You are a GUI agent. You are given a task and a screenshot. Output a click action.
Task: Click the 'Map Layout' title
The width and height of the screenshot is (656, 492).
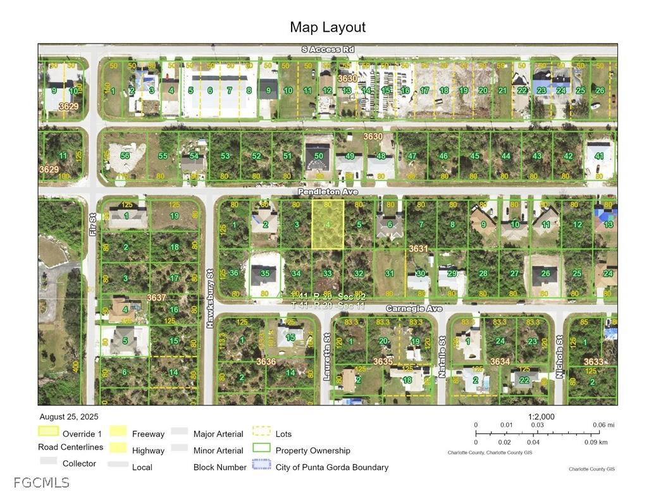(328, 27)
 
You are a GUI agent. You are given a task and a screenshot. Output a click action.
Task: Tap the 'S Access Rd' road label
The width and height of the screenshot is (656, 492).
(328, 49)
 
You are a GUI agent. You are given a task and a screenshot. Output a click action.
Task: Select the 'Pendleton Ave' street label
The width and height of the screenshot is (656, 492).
(328, 191)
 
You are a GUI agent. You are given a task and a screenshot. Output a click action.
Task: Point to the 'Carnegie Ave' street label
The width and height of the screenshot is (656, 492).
(414, 309)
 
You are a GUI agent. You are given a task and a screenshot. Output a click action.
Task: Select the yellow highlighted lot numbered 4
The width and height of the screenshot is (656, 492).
(328, 224)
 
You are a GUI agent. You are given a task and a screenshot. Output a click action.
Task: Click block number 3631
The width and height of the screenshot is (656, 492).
(418, 249)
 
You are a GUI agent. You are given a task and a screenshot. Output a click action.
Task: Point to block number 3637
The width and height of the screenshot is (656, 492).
(156, 297)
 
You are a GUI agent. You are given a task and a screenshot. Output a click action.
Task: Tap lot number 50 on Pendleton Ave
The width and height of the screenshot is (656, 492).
(319, 156)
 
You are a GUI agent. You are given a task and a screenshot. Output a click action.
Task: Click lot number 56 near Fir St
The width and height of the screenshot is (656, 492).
(125, 156)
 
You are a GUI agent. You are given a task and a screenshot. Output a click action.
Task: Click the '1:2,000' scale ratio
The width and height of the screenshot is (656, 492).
(541, 417)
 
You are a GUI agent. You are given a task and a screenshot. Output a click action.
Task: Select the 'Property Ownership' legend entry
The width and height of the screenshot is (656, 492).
(313, 450)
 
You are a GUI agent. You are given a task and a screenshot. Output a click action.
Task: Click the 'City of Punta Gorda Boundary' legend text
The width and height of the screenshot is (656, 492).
(331, 467)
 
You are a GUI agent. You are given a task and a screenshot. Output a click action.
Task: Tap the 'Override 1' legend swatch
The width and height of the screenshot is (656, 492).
(48, 433)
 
